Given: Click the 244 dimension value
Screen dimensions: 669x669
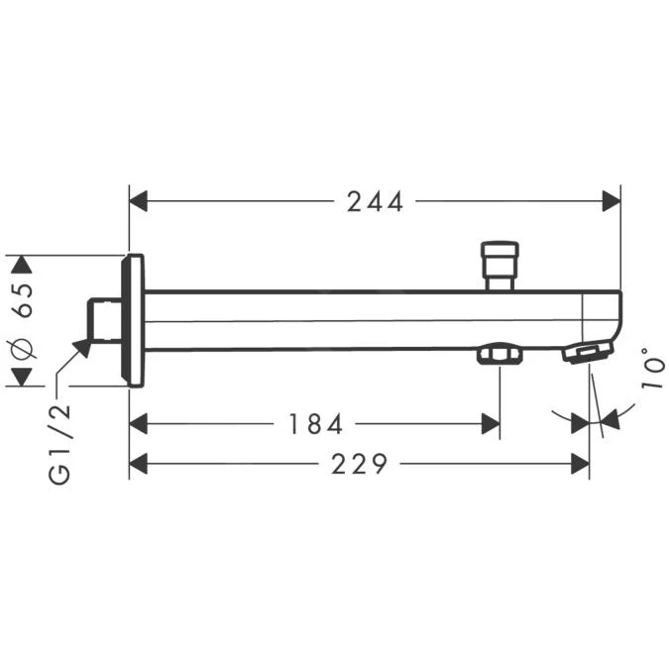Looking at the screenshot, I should coord(375,202).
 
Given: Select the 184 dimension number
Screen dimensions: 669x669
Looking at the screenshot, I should coord(315,425).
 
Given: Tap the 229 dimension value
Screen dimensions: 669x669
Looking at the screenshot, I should coord(358,464).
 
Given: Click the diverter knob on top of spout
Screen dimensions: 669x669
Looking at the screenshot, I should coord(499,262).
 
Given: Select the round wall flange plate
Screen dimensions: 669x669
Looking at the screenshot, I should coord(132,320).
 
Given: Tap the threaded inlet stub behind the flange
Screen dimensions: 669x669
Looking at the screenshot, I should coord(102,320).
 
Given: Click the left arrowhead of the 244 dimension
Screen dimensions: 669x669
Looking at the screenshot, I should coord(139,202).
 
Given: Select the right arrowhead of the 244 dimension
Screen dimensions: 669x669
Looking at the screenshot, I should coord(611,202).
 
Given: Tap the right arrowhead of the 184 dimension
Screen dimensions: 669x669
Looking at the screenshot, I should coord(490,424).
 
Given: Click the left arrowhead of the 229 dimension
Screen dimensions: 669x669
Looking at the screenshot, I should coord(139,463).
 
